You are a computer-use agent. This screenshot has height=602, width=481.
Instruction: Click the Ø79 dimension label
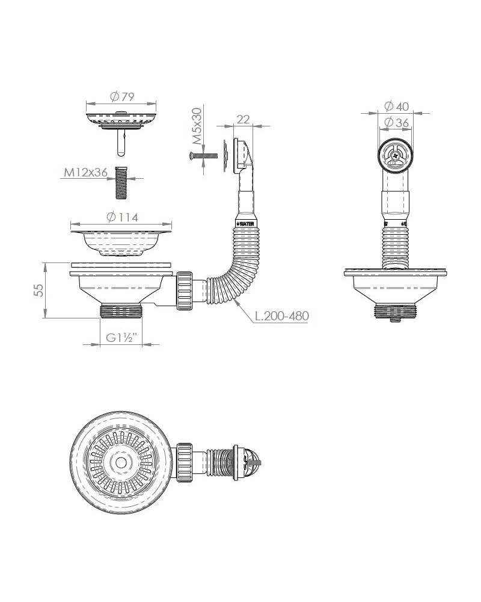(122, 97)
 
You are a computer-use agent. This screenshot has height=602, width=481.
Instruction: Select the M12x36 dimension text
(85, 172)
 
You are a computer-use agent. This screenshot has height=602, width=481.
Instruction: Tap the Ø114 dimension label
(122, 217)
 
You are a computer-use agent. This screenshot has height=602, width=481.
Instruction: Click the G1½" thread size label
(121, 338)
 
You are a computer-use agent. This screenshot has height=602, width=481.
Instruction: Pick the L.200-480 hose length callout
(282, 316)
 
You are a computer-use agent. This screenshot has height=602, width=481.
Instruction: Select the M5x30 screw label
(197, 126)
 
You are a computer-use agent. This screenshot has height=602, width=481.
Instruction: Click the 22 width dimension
(243, 119)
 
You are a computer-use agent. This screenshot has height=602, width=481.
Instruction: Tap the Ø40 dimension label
(396, 106)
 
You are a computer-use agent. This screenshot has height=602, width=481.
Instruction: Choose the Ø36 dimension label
(396, 122)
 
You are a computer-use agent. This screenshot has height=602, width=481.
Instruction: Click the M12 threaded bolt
(121, 183)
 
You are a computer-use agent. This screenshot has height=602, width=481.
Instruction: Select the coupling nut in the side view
(185, 291)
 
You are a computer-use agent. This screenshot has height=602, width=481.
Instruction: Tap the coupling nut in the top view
(184, 462)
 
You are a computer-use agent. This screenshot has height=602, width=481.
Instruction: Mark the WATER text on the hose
(247, 224)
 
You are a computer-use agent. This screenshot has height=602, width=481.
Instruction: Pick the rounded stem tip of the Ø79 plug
(121, 153)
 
